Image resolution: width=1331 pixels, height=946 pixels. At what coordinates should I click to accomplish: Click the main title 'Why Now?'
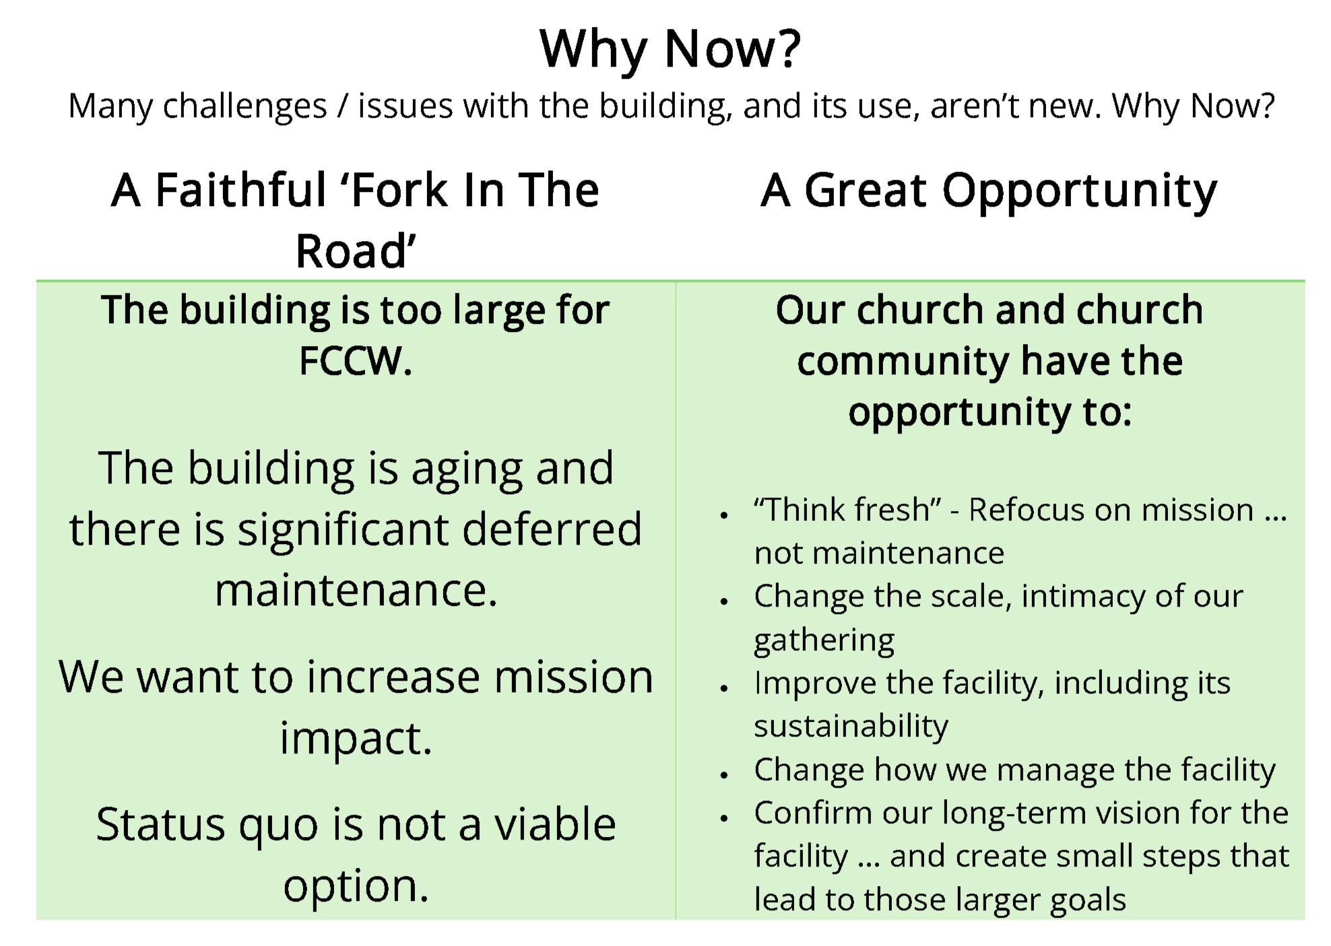click(670, 49)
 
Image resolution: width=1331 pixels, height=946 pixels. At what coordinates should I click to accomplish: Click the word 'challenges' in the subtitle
click(245, 106)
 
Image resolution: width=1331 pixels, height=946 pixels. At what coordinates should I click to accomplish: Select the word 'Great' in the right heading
click(866, 190)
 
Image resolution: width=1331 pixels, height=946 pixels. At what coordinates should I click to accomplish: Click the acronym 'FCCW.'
click(356, 361)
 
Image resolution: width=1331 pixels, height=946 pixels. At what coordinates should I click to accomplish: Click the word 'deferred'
click(552, 529)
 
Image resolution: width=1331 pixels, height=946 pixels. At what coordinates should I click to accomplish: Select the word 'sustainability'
click(851, 727)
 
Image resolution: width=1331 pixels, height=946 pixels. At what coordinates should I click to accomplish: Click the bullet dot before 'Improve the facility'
click(724, 688)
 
